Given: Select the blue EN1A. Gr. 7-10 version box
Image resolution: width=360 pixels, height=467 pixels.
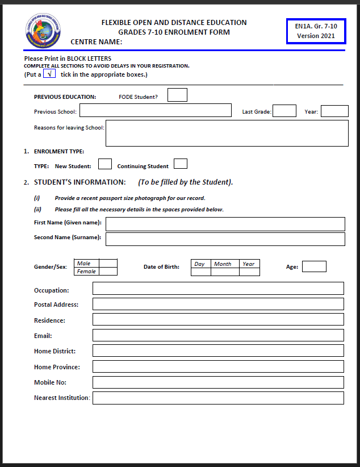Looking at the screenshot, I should pos(316,31).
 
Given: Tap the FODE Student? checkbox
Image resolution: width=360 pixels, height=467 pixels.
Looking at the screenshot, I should pos(177,95).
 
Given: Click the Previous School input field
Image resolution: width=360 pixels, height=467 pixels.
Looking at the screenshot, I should pos(156,110).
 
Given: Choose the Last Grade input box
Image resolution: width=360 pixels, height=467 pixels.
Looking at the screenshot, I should pos(284,111).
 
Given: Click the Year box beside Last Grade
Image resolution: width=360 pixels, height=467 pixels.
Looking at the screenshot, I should pos(334,111).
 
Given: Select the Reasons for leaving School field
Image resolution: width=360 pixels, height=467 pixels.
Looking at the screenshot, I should pos(227,133).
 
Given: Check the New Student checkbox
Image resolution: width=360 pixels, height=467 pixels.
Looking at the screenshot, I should pos(105,164).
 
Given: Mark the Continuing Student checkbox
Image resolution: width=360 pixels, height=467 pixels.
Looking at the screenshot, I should pos(181,164).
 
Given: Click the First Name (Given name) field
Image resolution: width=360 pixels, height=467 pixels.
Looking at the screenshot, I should pos(225,224).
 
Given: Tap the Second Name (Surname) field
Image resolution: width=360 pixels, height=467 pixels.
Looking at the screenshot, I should pos(225,239).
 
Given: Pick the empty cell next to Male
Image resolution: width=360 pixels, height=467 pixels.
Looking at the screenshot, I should pos(108,263).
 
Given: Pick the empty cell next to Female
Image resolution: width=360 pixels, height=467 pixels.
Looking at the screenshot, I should pos(108,272).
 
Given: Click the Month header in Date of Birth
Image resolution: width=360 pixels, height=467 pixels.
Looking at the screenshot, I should pos(223,264).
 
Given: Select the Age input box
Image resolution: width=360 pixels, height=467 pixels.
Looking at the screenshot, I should pos(314,266).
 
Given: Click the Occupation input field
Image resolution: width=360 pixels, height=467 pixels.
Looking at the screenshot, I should pos(218,289).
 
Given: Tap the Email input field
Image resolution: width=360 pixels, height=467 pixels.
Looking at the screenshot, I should pos(218,335).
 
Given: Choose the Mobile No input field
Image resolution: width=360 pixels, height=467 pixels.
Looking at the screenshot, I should pos(218,382).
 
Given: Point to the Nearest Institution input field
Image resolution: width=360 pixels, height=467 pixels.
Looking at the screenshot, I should pos(218,398).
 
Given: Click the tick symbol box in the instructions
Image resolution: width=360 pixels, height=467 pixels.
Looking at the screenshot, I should pos(49,74).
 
